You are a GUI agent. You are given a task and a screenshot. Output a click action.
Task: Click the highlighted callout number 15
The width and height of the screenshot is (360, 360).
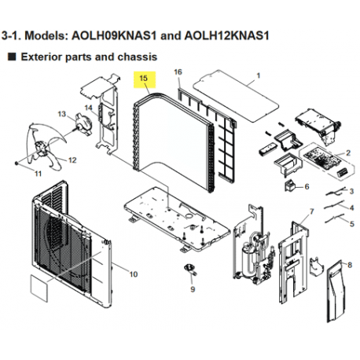point(143,79)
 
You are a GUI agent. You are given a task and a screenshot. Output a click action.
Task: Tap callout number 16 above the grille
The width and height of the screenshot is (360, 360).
point(178,72)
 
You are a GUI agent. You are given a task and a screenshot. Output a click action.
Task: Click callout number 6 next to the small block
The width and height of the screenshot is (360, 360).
point(307,187)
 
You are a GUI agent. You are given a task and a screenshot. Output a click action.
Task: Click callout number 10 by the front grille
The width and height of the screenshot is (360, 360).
point(133,274)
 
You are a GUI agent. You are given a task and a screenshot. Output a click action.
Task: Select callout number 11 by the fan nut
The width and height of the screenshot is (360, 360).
point(37,170)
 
